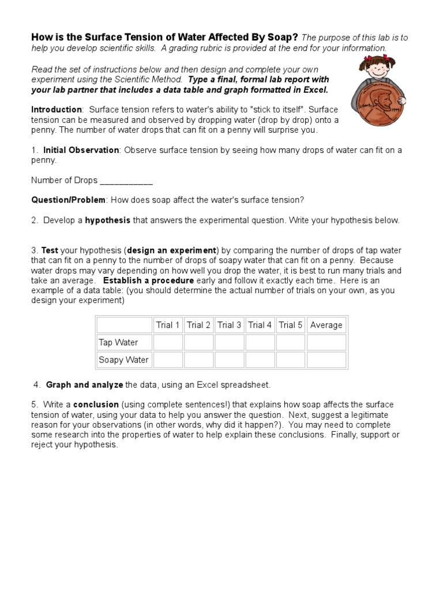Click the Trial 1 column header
pyautogui.click(x=168, y=325)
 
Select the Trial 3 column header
pyautogui.click(x=230, y=325)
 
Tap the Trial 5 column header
pyautogui.click(x=291, y=325)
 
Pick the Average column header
pyautogui.click(x=326, y=325)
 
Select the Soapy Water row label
pyautogui.click(x=123, y=360)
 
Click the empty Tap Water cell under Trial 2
pyautogui.click(x=199, y=342)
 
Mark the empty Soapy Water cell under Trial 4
pyautogui.click(x=260, y=360)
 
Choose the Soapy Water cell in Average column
pyautogui.click(x=326, y=360)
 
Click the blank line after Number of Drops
pyautogui.click(x=126, y=181)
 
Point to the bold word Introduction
pyautogui.click(x=57, y=110)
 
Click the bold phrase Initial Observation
pyautogui.click(x=81, y=150)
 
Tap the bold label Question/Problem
pyautogui.click(x=68, y=200)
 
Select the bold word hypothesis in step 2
pyautogui.click(x=108, y=220)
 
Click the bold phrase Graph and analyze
pyautogui.click(x=84, y=384)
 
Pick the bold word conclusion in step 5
pyautogui.click(x=96, y=404)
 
